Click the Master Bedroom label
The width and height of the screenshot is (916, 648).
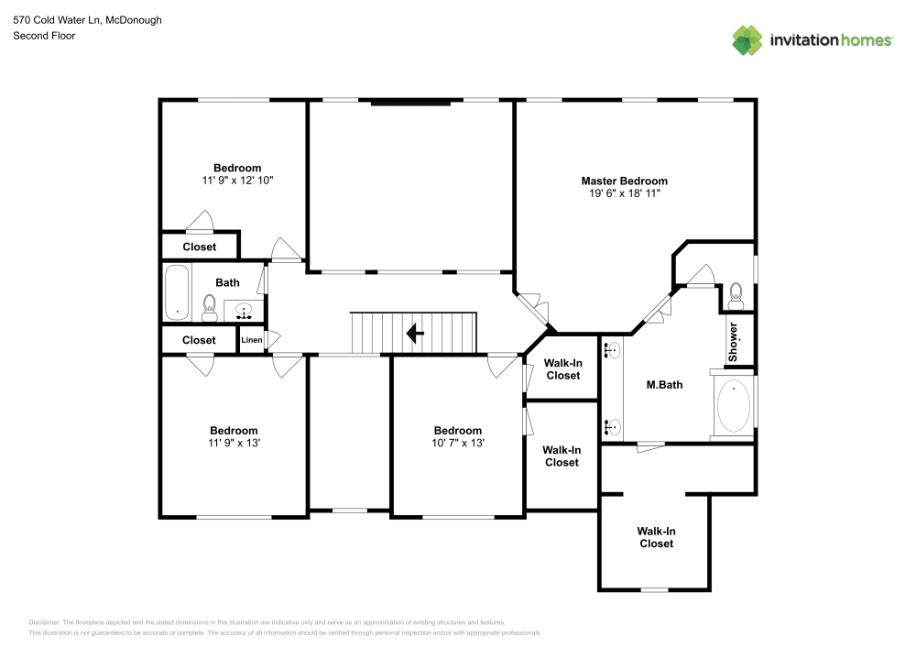(x=624, y=181)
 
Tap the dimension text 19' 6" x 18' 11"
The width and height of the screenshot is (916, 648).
(x=624, y=194)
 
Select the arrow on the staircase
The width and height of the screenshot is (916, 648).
(x=414, y=333)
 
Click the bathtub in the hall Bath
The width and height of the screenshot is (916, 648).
(x=177, y=291)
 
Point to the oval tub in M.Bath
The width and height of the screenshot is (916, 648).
(x=734, y=407)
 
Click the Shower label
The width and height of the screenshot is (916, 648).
(x=733, y=341)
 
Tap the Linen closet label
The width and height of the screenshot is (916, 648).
(x=252, y=341)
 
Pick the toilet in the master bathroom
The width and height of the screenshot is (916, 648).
(x=736, y=295)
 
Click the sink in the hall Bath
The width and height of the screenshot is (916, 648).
(x=244, y=310)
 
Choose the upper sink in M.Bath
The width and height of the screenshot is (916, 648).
(x=612, y=349)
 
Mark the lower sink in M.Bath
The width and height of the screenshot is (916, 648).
(x=612, y=426)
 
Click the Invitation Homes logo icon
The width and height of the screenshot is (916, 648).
(x=747, y=39)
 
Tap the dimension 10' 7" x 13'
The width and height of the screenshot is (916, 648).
(x=457, y=443)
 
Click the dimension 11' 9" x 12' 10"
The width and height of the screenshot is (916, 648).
(x=237, y=181)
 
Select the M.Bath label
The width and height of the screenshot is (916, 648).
(x=665, y=385)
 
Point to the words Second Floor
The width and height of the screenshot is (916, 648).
(x=44, y=36)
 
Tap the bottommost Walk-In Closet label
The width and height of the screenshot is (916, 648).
(x=655, y=537)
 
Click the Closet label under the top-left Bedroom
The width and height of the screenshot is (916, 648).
(x=199, y=247)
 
